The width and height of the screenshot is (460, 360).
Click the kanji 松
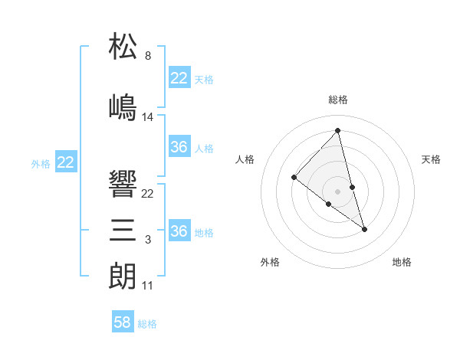(x=123, y=47)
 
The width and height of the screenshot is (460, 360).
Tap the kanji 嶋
(x=123, y=106)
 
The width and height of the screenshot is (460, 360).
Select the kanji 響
(x=123, y=183)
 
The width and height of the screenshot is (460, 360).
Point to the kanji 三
(x=123, y=230)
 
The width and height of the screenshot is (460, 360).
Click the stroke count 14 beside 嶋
(x=148, y=117)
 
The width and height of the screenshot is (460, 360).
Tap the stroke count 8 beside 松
(x=148, y=57)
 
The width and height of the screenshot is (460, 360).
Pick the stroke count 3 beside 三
(x=148, y=241)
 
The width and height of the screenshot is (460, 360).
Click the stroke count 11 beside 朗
(x=148, y=286)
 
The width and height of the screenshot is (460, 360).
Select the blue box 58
(x=123, y=322)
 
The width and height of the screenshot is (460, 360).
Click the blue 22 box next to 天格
(x=179, y=78)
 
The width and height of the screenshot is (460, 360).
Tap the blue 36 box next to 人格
(x=179, y=147)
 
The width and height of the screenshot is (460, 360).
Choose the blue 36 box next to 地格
(x=179, y=231)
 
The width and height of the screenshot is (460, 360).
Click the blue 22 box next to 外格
(x=66, y=162)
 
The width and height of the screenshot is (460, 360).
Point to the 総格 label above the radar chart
(x=338, y=100)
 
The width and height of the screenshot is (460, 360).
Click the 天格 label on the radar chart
(x=431, y=159)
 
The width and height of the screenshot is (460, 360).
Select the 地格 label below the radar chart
(x=402, y=263)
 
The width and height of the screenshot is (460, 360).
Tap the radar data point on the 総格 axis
(x=338, y=131)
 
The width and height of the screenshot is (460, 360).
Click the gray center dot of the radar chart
(x=338, y=190)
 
